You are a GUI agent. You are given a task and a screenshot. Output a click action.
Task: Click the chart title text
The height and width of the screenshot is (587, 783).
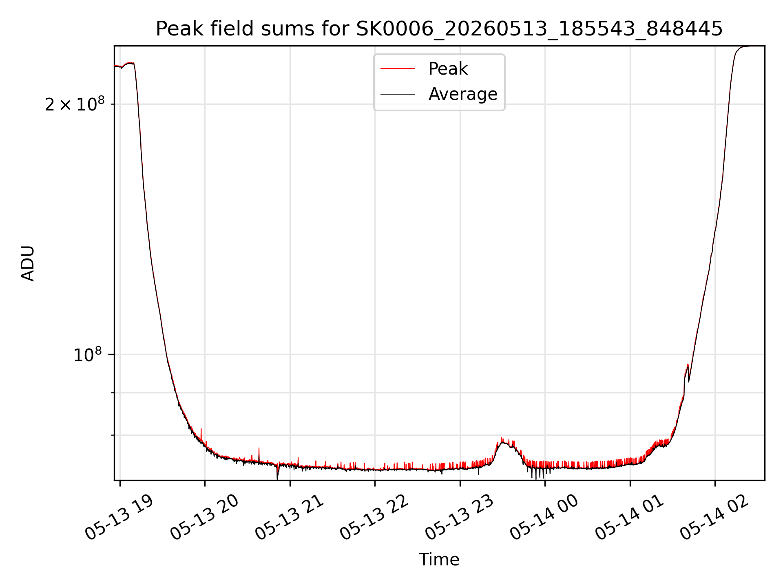439,29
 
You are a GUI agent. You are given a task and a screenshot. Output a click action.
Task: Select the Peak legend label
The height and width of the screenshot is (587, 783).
448,69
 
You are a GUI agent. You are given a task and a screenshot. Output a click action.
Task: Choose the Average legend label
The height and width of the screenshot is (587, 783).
463,94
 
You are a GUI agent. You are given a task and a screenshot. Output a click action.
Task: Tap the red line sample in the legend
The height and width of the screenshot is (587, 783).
398,69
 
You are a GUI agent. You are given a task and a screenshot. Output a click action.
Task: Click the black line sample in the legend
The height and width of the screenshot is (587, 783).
398,94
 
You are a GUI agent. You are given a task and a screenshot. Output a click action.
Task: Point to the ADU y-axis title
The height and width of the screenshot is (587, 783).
28,263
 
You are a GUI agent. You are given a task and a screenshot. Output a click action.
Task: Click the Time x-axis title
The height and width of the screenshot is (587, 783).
439,560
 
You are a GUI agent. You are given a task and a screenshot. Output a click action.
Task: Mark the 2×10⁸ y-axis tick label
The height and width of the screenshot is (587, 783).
75,104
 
